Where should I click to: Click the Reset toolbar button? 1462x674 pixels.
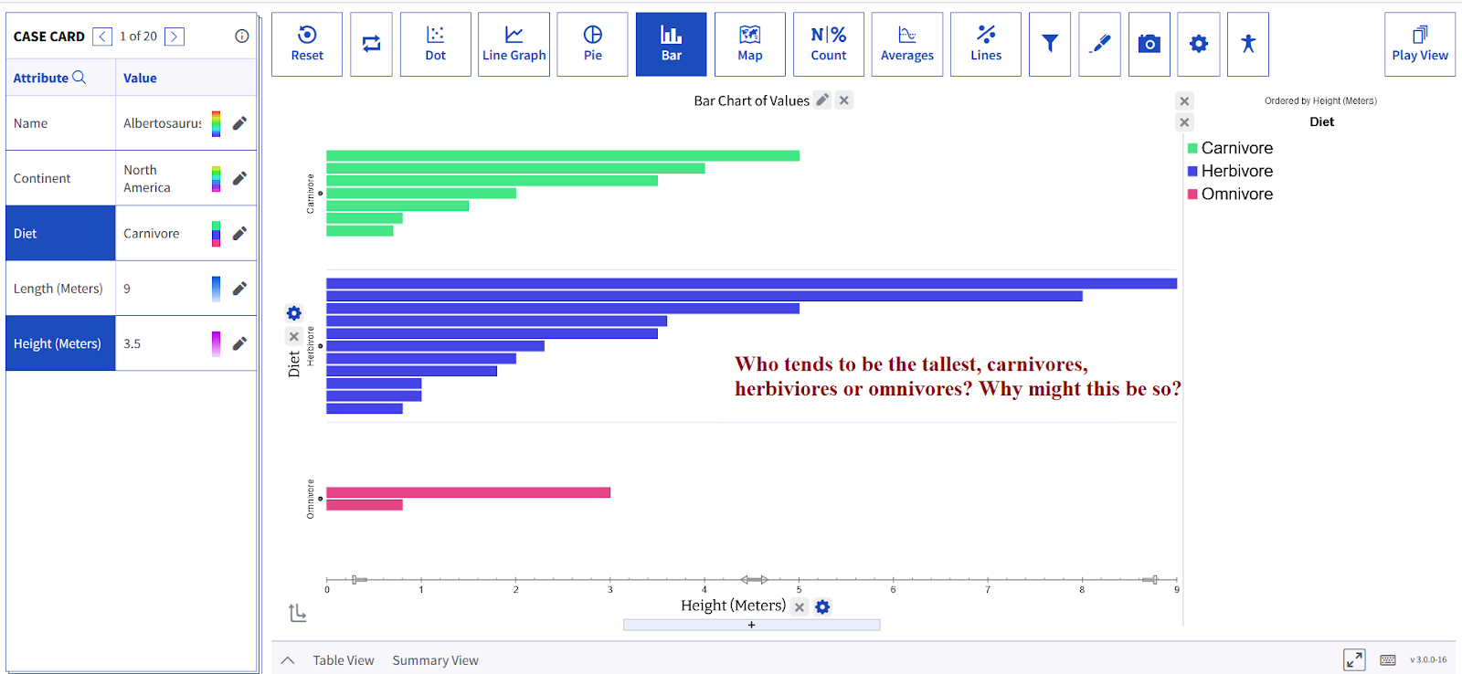tap(307, 44)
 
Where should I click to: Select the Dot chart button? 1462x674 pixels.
tap(435, 44)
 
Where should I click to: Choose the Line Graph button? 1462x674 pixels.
tap(514, 44)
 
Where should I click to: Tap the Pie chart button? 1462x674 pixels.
tap(592, 44)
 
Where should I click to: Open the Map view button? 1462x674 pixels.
tap(749, 44)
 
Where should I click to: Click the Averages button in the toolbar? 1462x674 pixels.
tap(906, 44)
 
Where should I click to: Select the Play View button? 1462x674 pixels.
tap(1419, 44)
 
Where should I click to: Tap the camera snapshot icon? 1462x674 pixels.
tap(1149, 44)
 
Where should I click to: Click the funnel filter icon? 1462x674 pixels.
tap(1050, 44)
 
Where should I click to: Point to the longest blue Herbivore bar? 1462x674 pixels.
tap(751, 284)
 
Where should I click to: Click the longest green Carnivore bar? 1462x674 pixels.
tap(562, 156)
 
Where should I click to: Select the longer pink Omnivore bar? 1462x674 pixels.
tap(468, 493)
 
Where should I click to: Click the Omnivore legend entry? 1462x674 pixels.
tap(1236, 194)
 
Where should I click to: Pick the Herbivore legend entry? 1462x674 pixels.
tap(1236, 171)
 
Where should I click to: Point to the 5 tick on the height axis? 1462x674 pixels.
tap(799, 589)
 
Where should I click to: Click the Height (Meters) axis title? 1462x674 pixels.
tap(733, 606)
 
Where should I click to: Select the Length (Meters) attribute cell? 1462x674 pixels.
tap(58, 289)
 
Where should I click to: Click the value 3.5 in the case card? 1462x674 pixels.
tap(132, 344)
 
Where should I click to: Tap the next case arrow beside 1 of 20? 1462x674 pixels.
tap(175, 37)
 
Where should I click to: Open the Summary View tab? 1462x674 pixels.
tap(435, 660)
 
